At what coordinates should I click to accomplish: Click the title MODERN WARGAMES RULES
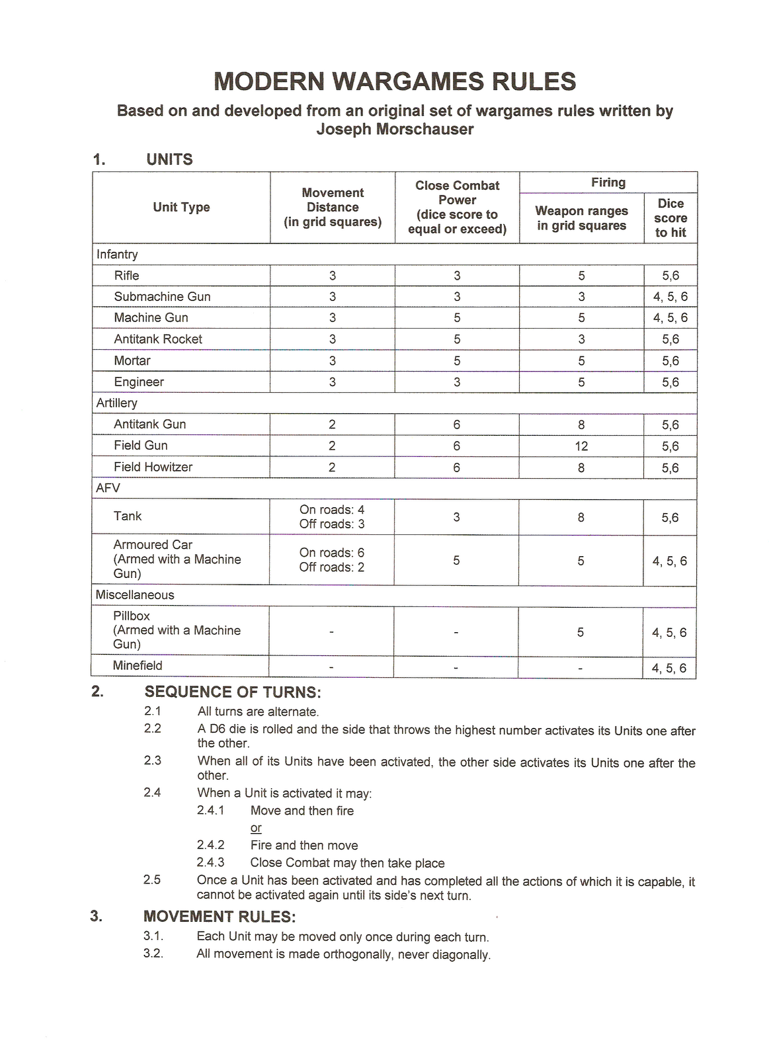point(395,82)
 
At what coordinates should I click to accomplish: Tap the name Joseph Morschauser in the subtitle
point(395,129)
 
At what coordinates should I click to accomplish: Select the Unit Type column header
point(181,207)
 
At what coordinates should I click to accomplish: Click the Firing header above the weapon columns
point(608,183)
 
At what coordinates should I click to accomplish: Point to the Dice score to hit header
point(670,218)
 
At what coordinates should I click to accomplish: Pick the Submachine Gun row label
point(162,297)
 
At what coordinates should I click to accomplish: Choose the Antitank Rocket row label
point(158,339)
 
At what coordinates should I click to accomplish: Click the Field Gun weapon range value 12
point(581,446)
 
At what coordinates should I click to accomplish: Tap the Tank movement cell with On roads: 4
point(332,510)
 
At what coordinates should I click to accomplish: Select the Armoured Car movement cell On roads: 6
point(332,553)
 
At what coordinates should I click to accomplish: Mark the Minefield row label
point(138,666)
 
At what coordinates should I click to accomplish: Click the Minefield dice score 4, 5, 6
point(669,668)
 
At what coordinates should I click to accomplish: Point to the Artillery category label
point(117,403)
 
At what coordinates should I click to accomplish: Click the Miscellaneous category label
point(135,595)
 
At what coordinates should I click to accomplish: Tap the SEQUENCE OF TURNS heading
point(233,692)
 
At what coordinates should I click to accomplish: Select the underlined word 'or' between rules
point(256,828)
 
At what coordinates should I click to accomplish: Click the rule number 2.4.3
point(210,863)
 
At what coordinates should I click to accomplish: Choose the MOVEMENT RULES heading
point(220,916)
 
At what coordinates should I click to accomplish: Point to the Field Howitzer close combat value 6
point(457,468)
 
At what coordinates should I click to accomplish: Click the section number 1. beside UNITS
point(99,160)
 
